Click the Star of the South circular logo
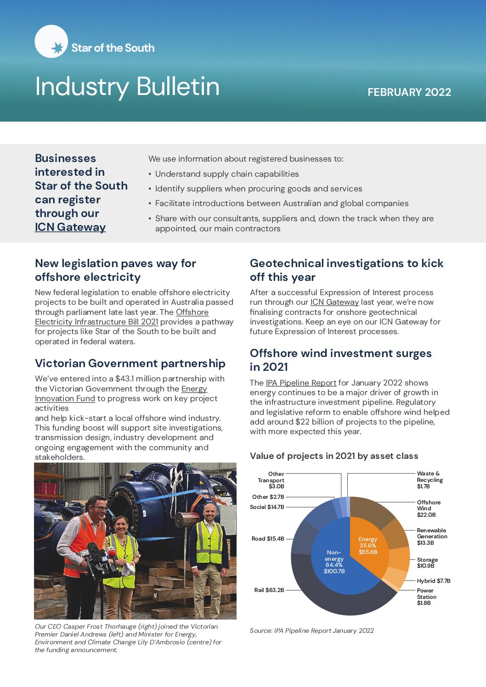pyautogui.click(x=51, y=41)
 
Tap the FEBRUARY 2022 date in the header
pyautogui.click(x=409, y=92)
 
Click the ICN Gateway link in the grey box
pyautogui.click(x=70, y=227)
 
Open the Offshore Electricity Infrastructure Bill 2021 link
pyautogui.click(x=96, y=322)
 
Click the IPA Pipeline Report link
pyautogui.click(x=301, y=383)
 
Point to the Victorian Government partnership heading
pyautogui.click(x=130, y=363)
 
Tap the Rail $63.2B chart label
pyautogui.click(x=269, y=590)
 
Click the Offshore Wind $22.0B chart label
pyautogui.click(x=429, y=508)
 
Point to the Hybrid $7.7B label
pyautogui.click(x=434, y=581)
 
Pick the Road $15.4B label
pyautogui.click(x=268, y=539)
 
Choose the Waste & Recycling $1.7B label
pyautogui.click(x=429, y=480)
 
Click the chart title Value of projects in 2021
pyautogui.click(x=334, y=456)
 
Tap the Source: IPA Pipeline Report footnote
pyautogui.click(x=311, y=631)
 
